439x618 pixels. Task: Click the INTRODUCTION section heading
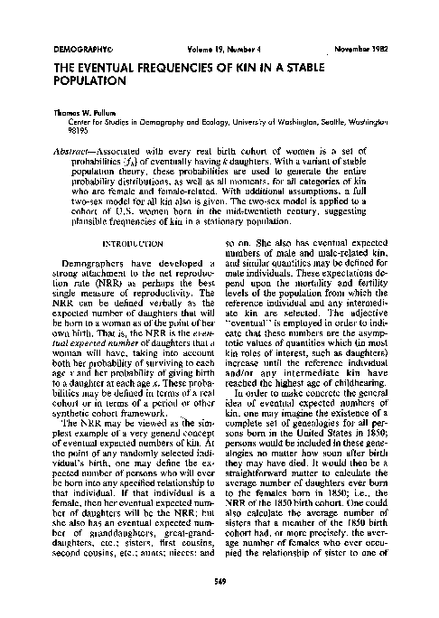[x=120, y=244]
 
